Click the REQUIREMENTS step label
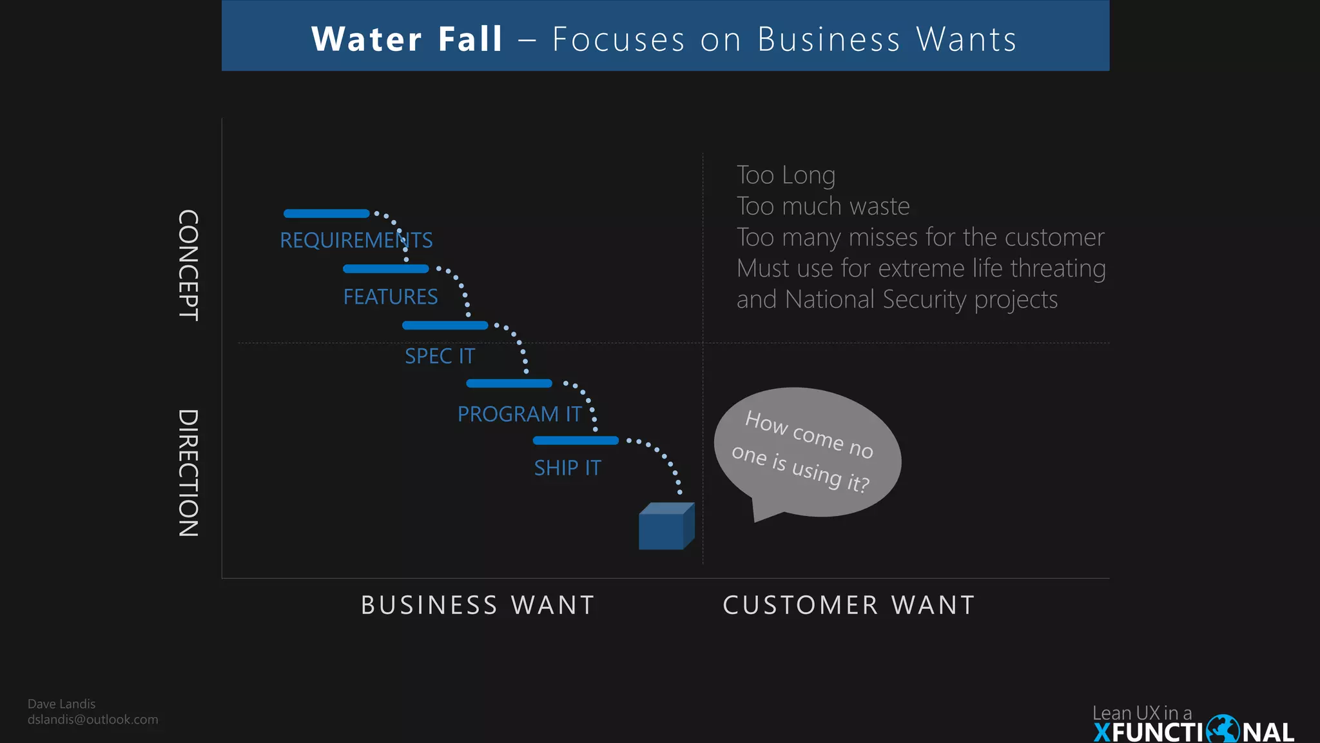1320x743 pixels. pyautogui.click(x=356, y=241)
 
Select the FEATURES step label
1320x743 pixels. pyautogui.click(x=390, y=297)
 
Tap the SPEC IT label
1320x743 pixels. pyautogui.click(x=440, y=356)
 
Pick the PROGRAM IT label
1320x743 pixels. pyautogui.click(x=519, y=414)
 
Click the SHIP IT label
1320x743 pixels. pyautogui.click(x=567, y=468)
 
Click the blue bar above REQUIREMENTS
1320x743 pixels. pyautogui.click(x=326, y=213)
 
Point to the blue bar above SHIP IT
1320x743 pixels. pyautogui.click(x=576, y=441)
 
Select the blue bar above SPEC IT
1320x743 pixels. pyautogui.click(x=445, y=326)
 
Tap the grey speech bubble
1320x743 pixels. pyautogui.click(x=807, y=451)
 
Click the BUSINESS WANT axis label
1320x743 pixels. pyautogui.click(x=478, y=605)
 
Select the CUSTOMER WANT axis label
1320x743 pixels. pyautogui.click(x=849, y=605)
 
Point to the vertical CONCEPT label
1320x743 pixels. pyautogui.click(x=188, y=265)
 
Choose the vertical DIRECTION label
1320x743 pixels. pyautogui.click(x=188, y=473)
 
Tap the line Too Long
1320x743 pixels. pyautogui.click(x=786, y=175)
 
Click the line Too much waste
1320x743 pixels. pyautogui.click(x=823, y=206)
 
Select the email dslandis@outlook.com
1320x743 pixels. pyautogui.click(x=93, y=720)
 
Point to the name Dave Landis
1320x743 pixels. pyautogui.click(x=61, y=704)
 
